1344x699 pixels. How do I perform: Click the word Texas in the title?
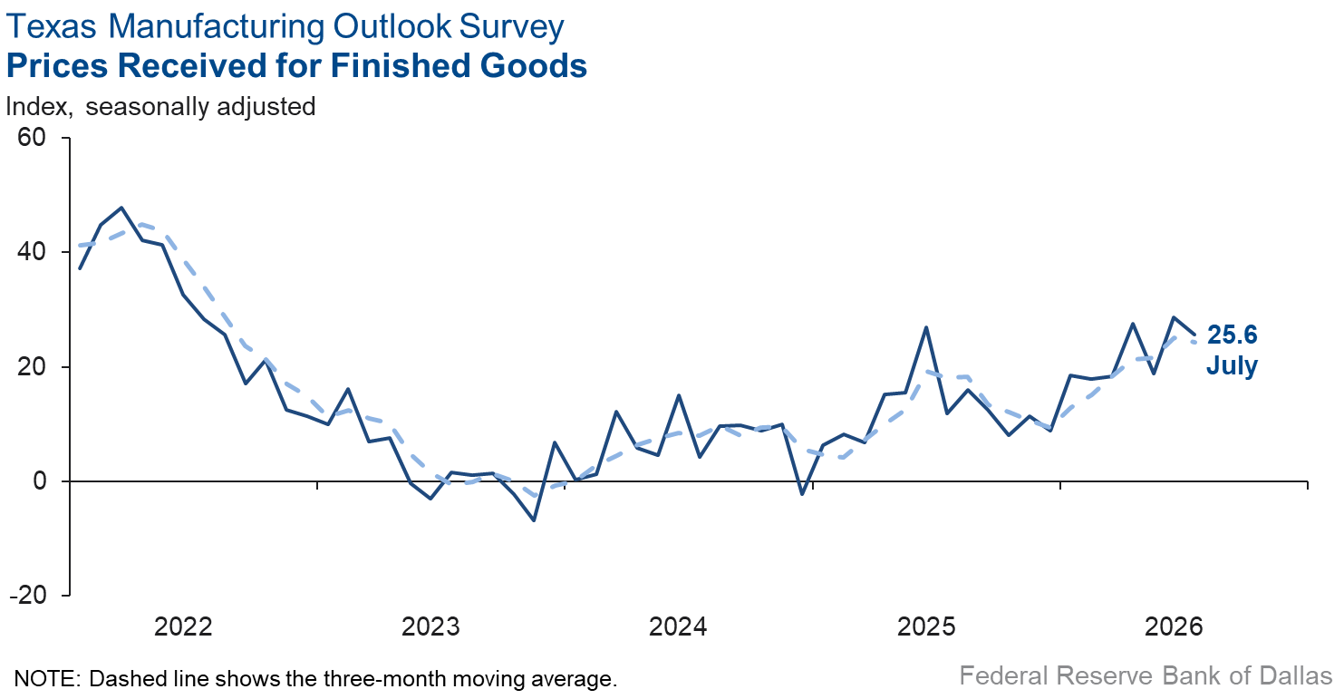[52, 26]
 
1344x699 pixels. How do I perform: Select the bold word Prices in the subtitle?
[58, 65]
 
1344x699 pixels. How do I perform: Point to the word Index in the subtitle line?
[38, 107]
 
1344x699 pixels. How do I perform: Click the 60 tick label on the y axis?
[31, 138]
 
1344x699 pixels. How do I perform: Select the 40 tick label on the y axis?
[31, 251]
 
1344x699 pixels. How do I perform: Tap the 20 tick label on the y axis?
[31, 366]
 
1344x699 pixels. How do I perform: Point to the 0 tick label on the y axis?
[40, 481]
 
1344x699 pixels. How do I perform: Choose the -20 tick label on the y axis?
[27, 595]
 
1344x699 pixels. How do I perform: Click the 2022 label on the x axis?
[184, 627]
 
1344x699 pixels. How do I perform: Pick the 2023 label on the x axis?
[430, 627]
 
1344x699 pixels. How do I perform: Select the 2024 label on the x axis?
[678, 627]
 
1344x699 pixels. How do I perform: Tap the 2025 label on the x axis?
[926, 627]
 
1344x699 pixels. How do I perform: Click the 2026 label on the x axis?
[1175, 627]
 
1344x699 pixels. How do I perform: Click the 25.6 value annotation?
[1233, 335]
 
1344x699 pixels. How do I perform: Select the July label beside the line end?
[1232, 366]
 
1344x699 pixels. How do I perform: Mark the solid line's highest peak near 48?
[121, 208]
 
